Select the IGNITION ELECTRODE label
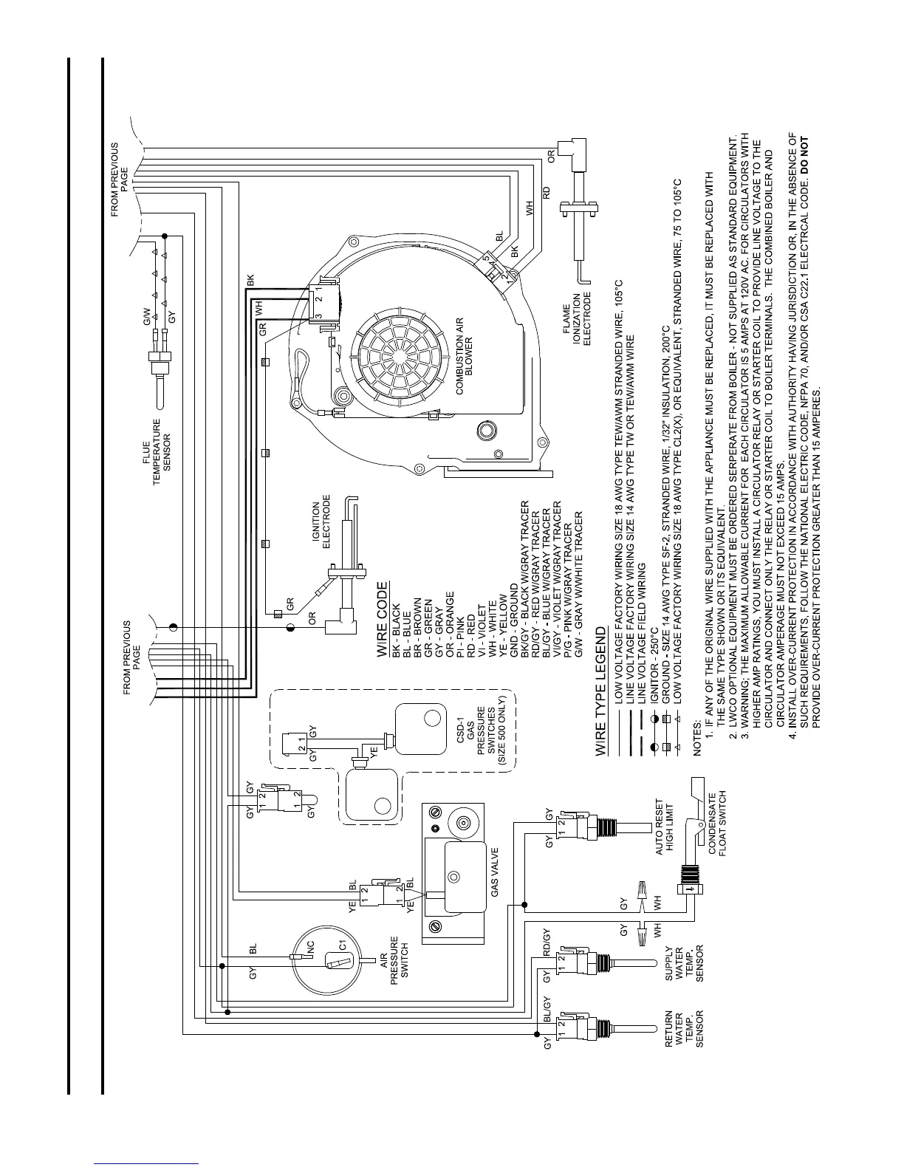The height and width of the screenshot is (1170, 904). [321, 526]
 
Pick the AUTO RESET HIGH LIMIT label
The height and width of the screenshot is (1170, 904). [667, 829]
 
